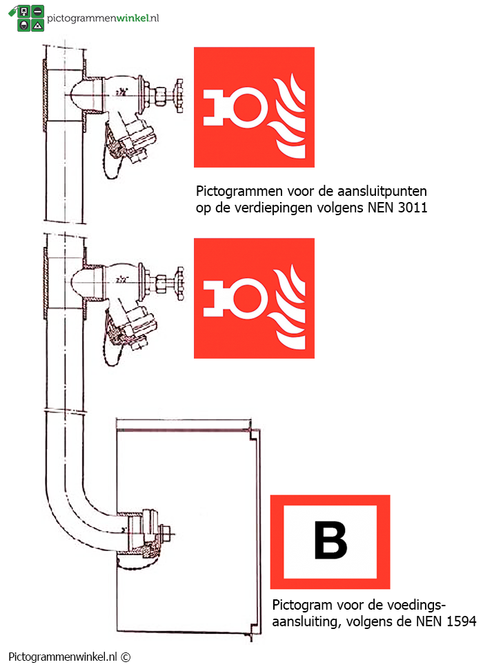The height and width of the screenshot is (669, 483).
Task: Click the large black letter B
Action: click(x=331, y=540)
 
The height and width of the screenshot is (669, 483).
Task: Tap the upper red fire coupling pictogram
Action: click(x=254, y=107)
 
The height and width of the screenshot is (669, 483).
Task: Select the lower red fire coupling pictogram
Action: click(x=254, y=298)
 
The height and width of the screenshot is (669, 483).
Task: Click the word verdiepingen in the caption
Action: click(x=276, y=207)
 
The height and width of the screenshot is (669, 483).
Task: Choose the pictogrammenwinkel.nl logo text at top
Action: click(x=103, y=17)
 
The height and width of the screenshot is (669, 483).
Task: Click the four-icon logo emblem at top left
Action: click(x=30, y=19)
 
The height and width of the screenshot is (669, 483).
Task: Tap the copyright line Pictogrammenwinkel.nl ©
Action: click(x=69, y=657)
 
